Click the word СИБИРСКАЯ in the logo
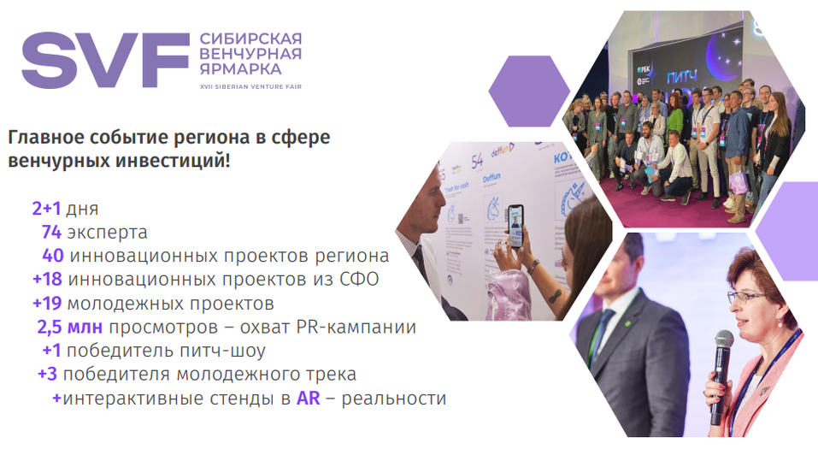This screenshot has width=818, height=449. pyautogui.click(x=250, y=38)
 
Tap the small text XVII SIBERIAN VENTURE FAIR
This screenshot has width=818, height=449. pyautogui.click(x=250, y=86)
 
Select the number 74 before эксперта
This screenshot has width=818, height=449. pyautogui.click(x=53, y=233)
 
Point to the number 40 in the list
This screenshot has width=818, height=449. pyautogui.click(x=53, y=256)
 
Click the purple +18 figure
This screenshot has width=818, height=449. pyautogui.click(x=48, y=280)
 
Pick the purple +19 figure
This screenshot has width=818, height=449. pyautogui.click(x=48, y=304)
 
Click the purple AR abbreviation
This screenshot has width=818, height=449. pyautogui.click(x=308, y=399)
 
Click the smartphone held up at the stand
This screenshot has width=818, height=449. pyautogui.click(x=515, y=225)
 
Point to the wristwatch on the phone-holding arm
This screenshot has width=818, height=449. pyautogui.click(x=533, y=266)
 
